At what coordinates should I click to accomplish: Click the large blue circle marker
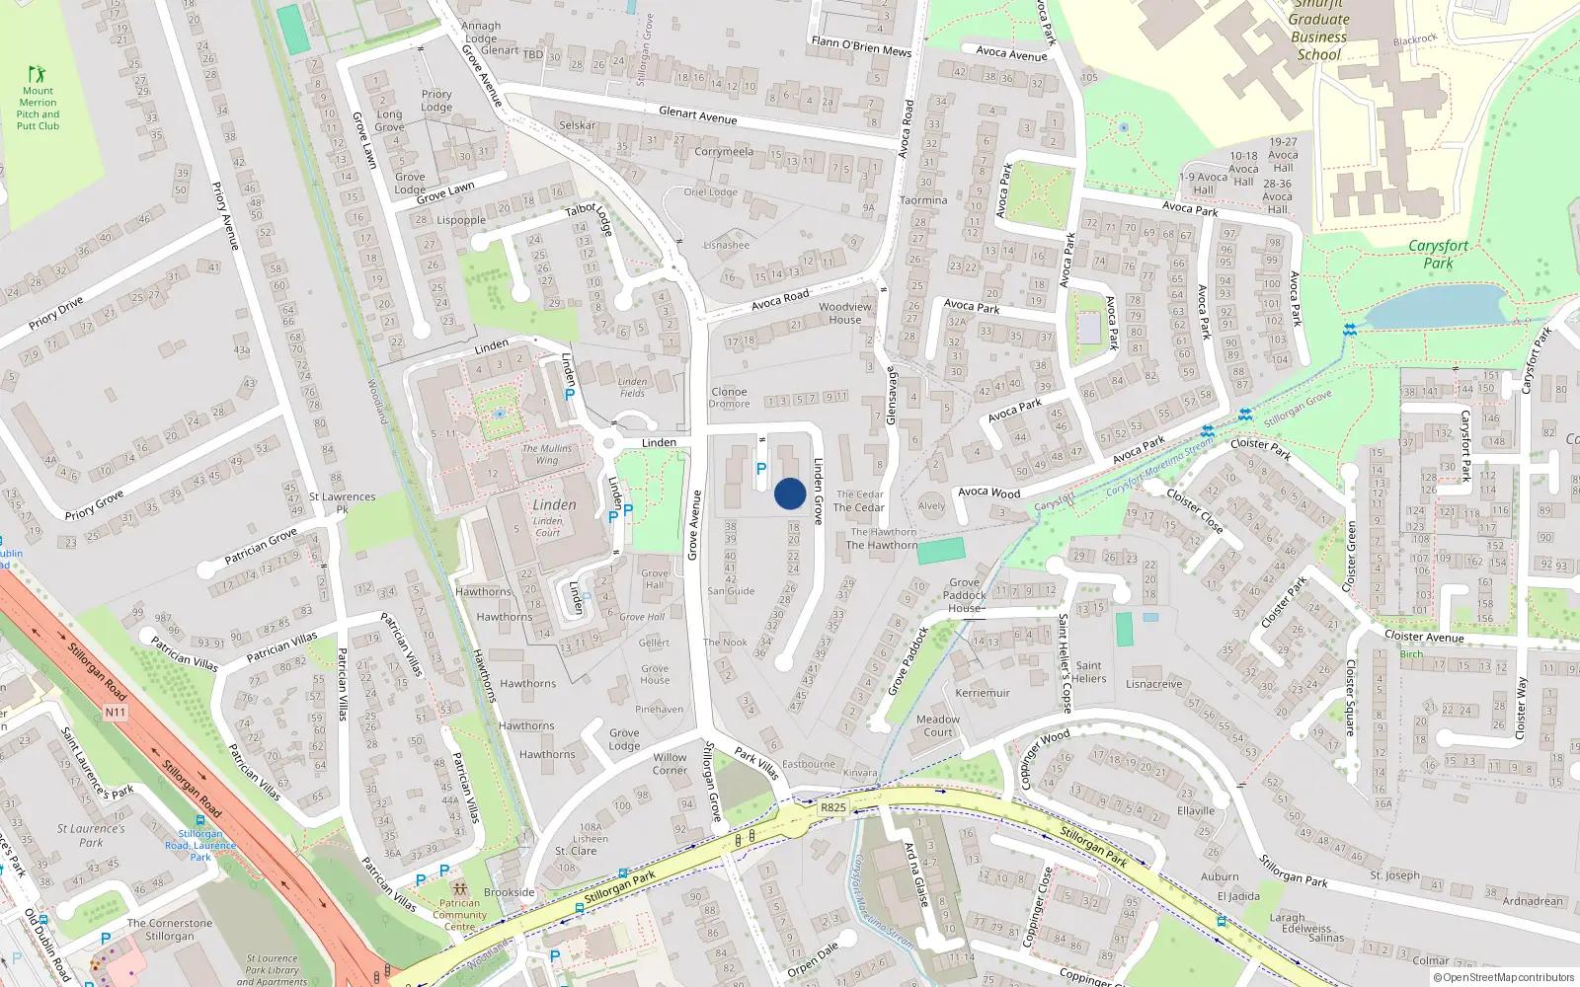click(790, 493)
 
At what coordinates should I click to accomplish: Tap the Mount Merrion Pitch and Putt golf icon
click(38, 74)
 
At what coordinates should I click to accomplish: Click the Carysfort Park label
click(1438, 254)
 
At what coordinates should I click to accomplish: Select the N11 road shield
click(115, 712)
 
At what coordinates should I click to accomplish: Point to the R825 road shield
click(833, 807)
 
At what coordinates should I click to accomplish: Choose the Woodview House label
click(845, 313)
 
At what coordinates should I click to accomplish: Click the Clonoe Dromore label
click(729, 397)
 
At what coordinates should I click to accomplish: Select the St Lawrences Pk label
click(342, 502)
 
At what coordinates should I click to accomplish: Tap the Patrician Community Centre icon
click(459, 887)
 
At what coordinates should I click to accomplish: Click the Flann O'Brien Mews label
click(861, 45)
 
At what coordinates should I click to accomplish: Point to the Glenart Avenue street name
click(697, 115)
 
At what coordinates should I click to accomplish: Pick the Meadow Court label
click(938, 725)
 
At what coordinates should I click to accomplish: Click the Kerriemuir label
click(983, 693)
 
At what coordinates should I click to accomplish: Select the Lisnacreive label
click(1153, 684)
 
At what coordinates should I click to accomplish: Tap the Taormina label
click(923, 200)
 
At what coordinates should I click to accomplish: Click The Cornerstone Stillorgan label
click(170, 930)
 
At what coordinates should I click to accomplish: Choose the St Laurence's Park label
click(91, 835)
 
